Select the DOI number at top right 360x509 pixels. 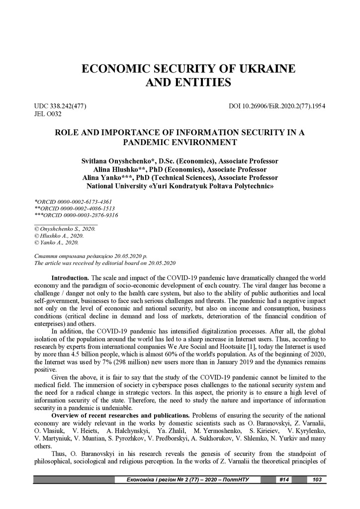pos(277,106)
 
